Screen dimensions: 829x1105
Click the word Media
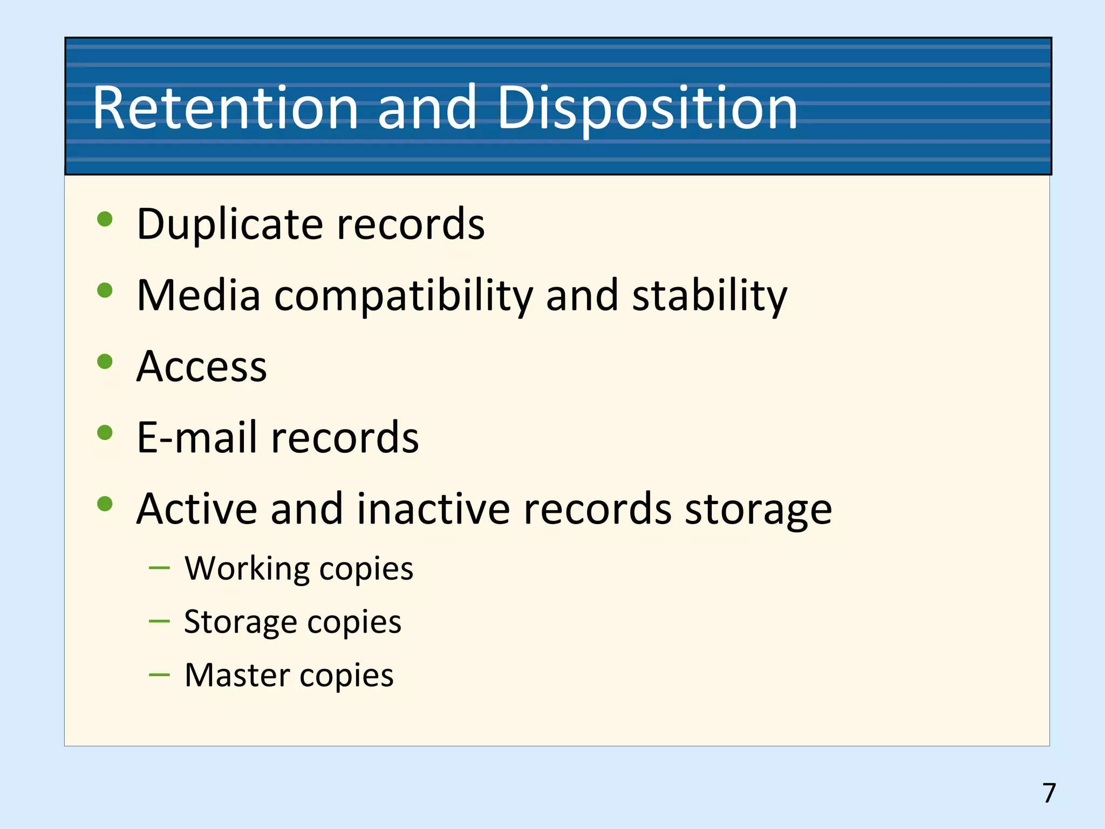tap(199, 295)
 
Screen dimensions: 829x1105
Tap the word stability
tap(710, 295)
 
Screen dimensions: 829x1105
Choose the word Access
tap(202, 366)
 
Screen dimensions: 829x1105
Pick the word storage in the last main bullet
tap(758, 509)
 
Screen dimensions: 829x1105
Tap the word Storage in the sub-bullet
tap(240, 622)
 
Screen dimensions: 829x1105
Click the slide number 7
tap(1049, 793)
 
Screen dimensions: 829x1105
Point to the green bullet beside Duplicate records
tap(105, 219)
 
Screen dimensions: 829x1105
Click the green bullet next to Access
tap(105, 362)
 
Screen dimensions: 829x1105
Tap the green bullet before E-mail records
tap(105, 433)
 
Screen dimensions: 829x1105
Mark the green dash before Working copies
tap(159, 568)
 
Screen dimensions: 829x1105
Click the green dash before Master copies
tap(159, 675)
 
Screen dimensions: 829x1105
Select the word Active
tap(196, 509)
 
